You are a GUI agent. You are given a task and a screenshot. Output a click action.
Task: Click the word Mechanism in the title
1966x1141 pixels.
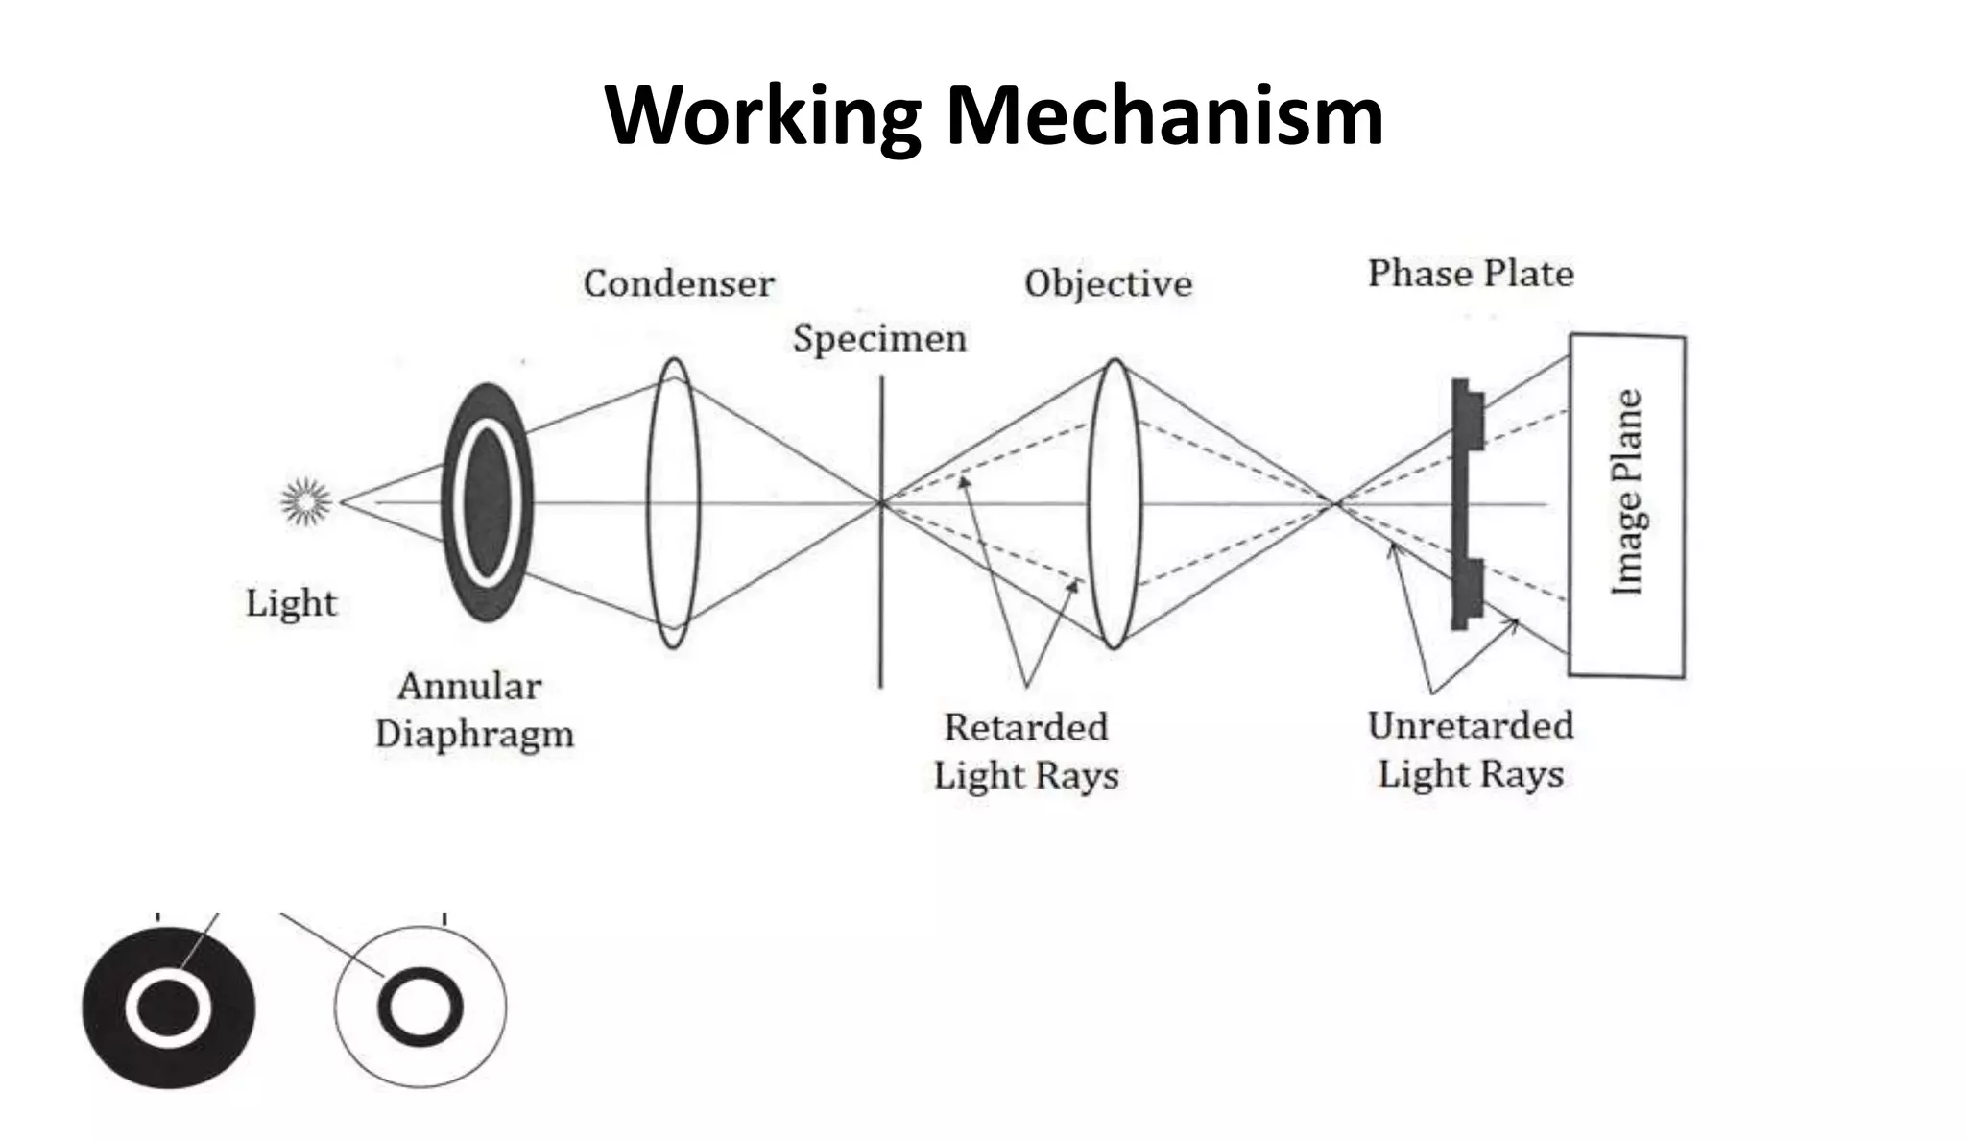[1163, 116]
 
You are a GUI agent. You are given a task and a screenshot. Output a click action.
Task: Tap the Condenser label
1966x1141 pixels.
[679, 283]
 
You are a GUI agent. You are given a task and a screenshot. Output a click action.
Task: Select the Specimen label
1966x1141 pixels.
[879, 338]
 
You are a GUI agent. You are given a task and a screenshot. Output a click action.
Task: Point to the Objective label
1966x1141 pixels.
[1108, 283]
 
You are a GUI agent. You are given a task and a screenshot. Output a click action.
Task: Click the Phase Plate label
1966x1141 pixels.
[1471, 274]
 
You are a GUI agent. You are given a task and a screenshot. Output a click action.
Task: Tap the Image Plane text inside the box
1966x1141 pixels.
[1627, 492]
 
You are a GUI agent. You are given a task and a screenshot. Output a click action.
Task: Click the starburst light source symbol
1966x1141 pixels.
[305, 501]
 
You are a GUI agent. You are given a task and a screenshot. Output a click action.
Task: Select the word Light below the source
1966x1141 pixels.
[291, 603]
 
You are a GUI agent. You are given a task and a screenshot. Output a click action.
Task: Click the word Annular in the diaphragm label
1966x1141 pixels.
[469, 686]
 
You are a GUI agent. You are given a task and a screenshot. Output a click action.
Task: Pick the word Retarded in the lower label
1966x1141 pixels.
[1026, 727]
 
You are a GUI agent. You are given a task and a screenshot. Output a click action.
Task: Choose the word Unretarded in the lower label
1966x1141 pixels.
[1471, 725]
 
